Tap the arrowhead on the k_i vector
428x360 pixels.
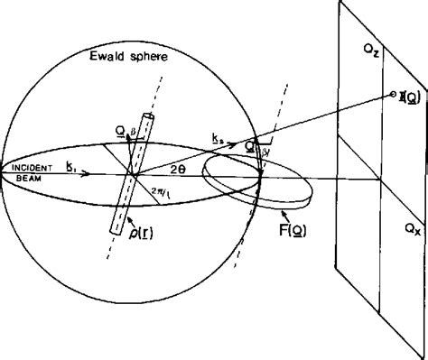pos(87,174)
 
